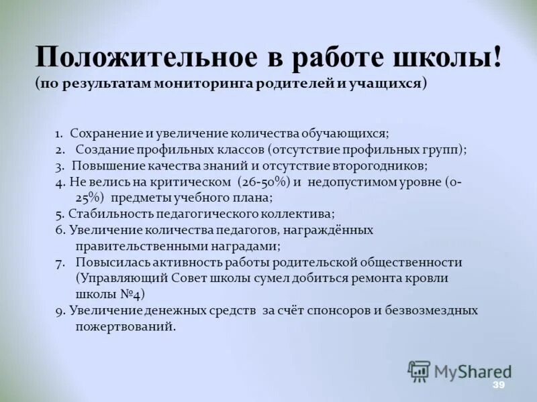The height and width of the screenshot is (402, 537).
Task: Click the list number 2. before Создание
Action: [x=60, y=149]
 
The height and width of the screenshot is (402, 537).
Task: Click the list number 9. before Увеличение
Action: [x=59, y=310]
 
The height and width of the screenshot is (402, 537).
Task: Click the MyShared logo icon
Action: [x=419, y=371]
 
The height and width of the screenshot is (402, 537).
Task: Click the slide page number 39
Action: [x=498, y=385]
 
